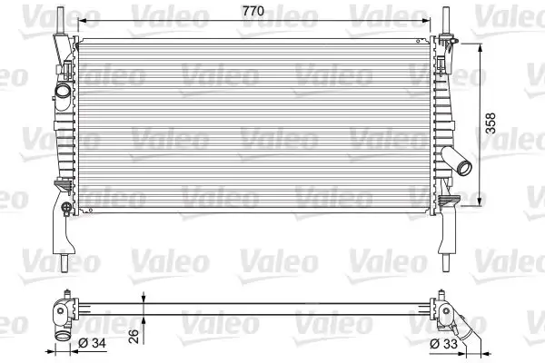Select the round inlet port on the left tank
(x=63, y=93)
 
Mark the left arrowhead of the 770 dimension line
(x=80, y=20)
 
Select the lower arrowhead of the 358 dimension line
(x=479, y=204)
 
